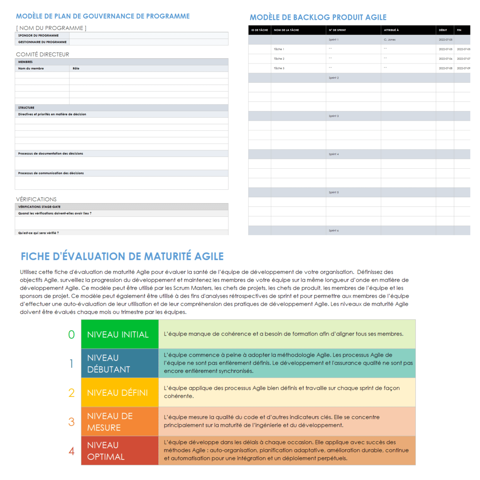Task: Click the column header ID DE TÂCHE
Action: [x=260, y=30]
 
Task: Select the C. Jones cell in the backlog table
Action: [x=390, y=40]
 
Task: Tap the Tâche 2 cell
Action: [x=279, y=59]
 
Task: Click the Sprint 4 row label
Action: [x=333, y=154]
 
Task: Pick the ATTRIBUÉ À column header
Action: [x=391, y=30]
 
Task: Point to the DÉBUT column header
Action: [x=443, y=30]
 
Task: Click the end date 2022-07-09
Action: [x=463, y=68]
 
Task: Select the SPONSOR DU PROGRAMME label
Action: [x=38, y=35]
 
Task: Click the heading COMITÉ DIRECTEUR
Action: [x=42, y=54]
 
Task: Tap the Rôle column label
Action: [x=76, y=69]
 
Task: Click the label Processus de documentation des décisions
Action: [x=51, y=154]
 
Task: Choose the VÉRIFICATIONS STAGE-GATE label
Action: [x=40, y=207]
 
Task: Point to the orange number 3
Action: [x=71, y=422]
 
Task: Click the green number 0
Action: [x=71, y=335]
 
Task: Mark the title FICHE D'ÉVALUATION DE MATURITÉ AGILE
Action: [x=122, y=256]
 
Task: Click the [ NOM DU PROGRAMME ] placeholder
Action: [x=51, y=28]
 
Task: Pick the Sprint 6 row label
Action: [x=333, y=231]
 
